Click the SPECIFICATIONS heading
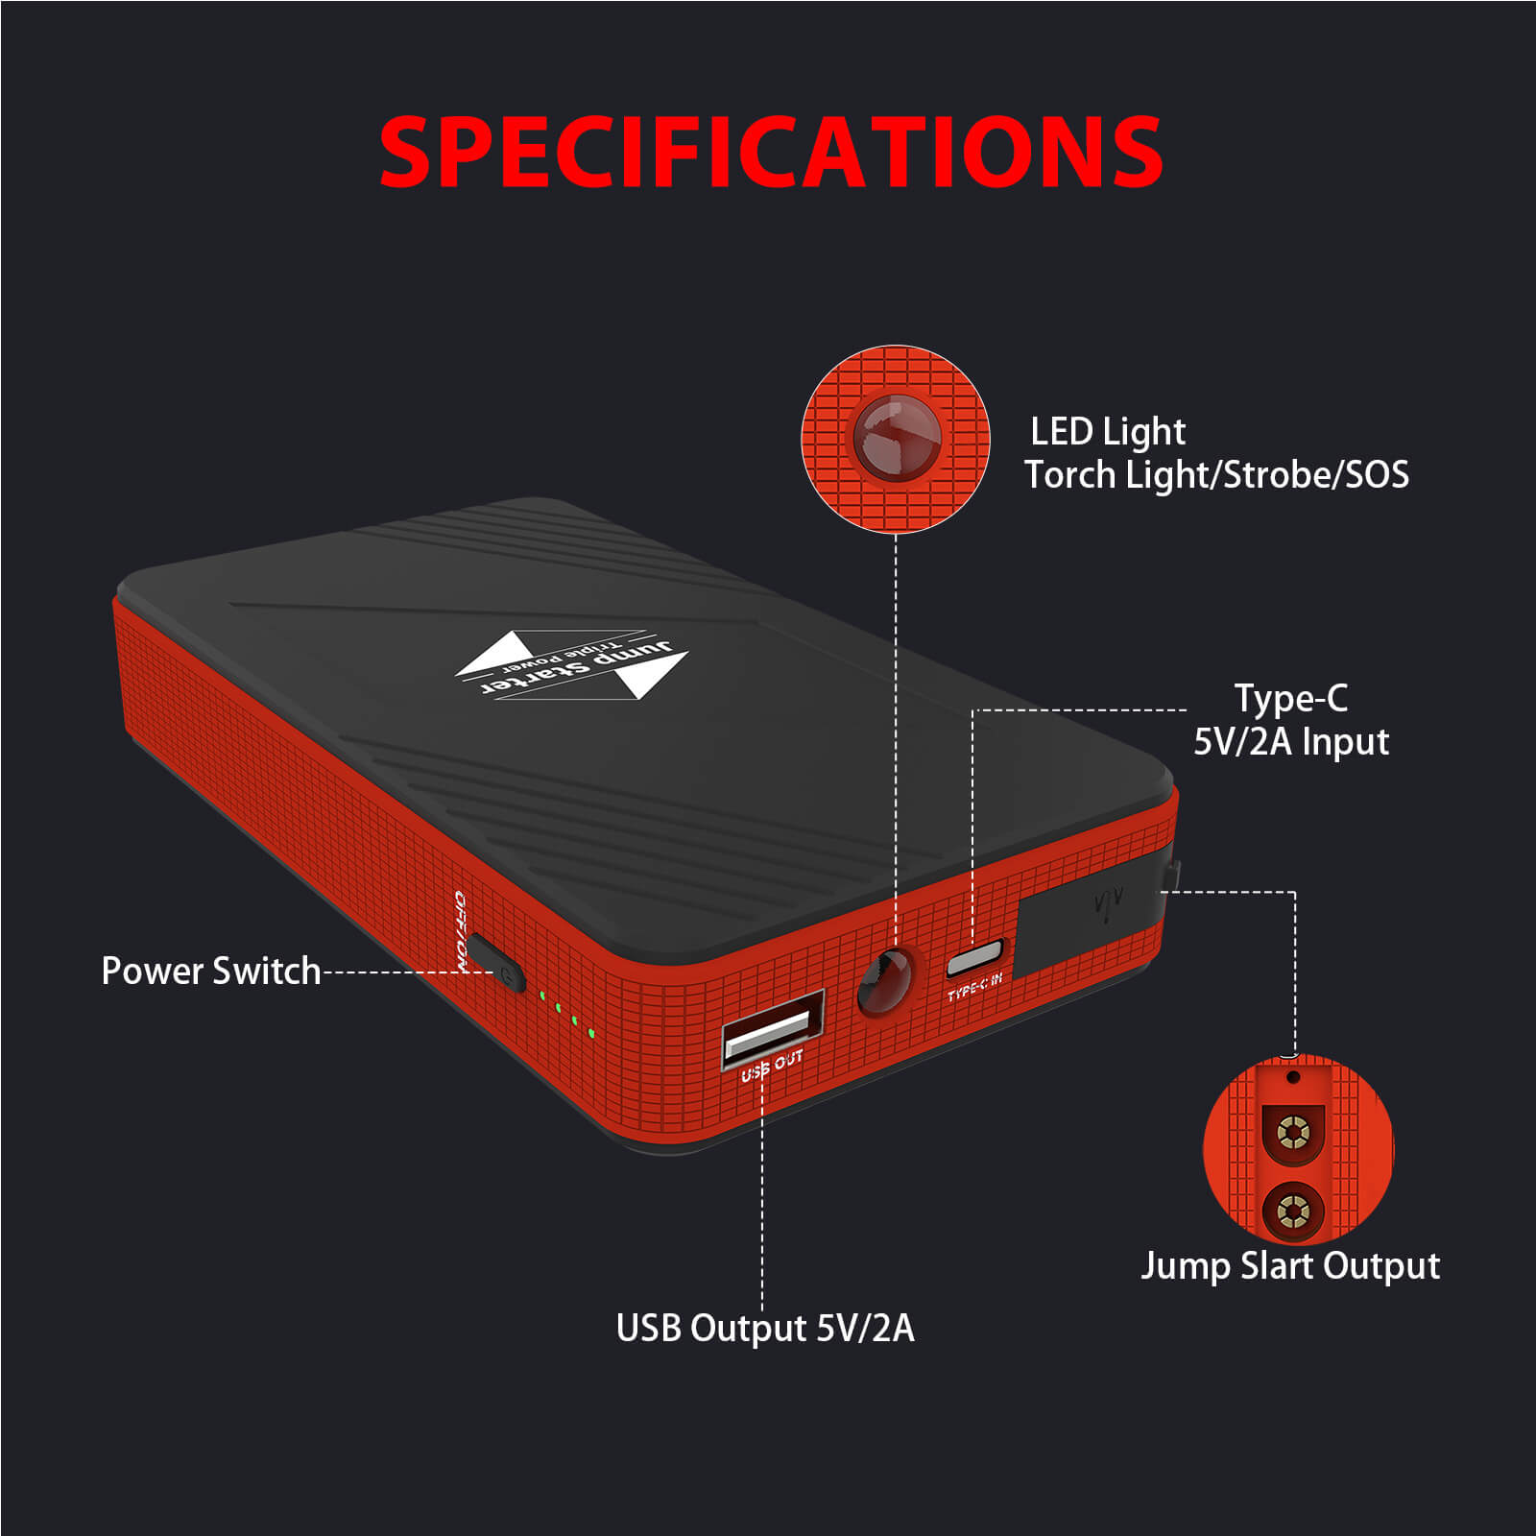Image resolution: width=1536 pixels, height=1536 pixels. [x=771, y=152]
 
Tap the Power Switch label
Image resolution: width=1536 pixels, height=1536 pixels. [x=210, y=971]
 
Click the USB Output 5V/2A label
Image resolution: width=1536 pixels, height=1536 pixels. [x=765, y=1328]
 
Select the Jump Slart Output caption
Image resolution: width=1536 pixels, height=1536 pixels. [x=1290, y=1265]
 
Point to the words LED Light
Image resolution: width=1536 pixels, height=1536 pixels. [x=1107, y=431]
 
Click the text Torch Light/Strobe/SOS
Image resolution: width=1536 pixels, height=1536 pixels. [x=1216, y=475]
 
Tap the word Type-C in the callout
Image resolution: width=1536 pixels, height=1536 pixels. [x=1290, y=698]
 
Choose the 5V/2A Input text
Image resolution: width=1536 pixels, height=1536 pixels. [x=1290, y=741]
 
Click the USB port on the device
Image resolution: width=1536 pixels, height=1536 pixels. [x=773, y=1024]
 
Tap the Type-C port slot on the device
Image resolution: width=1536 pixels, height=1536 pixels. [x=973, y=958]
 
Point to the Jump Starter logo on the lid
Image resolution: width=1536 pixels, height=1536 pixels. [x=572, y=663]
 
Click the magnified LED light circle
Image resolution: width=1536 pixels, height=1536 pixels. [x=895, y=439]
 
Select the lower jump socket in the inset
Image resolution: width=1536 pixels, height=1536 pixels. [x=1292, y=1212]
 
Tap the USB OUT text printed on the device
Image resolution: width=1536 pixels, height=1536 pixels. [x=772, y=1066]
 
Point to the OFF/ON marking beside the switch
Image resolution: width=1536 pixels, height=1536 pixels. [x=461, y=931]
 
